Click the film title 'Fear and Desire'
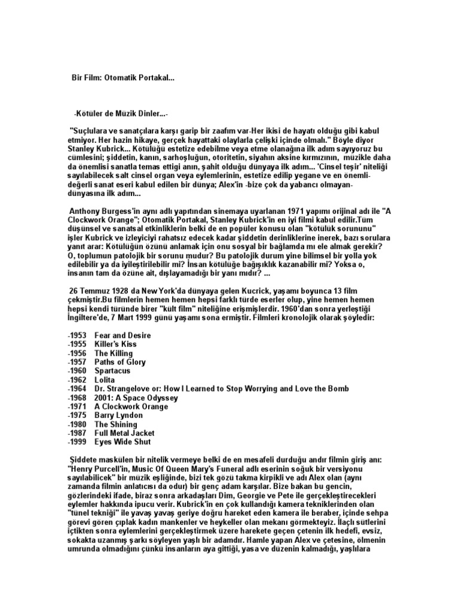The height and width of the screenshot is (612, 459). click(x=123, y=335)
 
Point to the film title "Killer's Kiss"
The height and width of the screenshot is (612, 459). click(x=115, y=344)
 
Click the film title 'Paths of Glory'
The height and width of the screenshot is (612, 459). click(x=120, y=362)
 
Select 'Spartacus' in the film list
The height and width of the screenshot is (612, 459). click(x=112, y=371)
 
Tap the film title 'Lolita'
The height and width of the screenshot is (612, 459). click(x=105, y=380)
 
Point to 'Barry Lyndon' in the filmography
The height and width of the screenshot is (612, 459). click(x=119, y=415)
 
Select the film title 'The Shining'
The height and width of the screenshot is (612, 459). click(x=115, y=424)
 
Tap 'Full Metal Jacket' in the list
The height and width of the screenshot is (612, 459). click(x=124, y=433)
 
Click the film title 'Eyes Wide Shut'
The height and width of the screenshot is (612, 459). click(x=123, y=442)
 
